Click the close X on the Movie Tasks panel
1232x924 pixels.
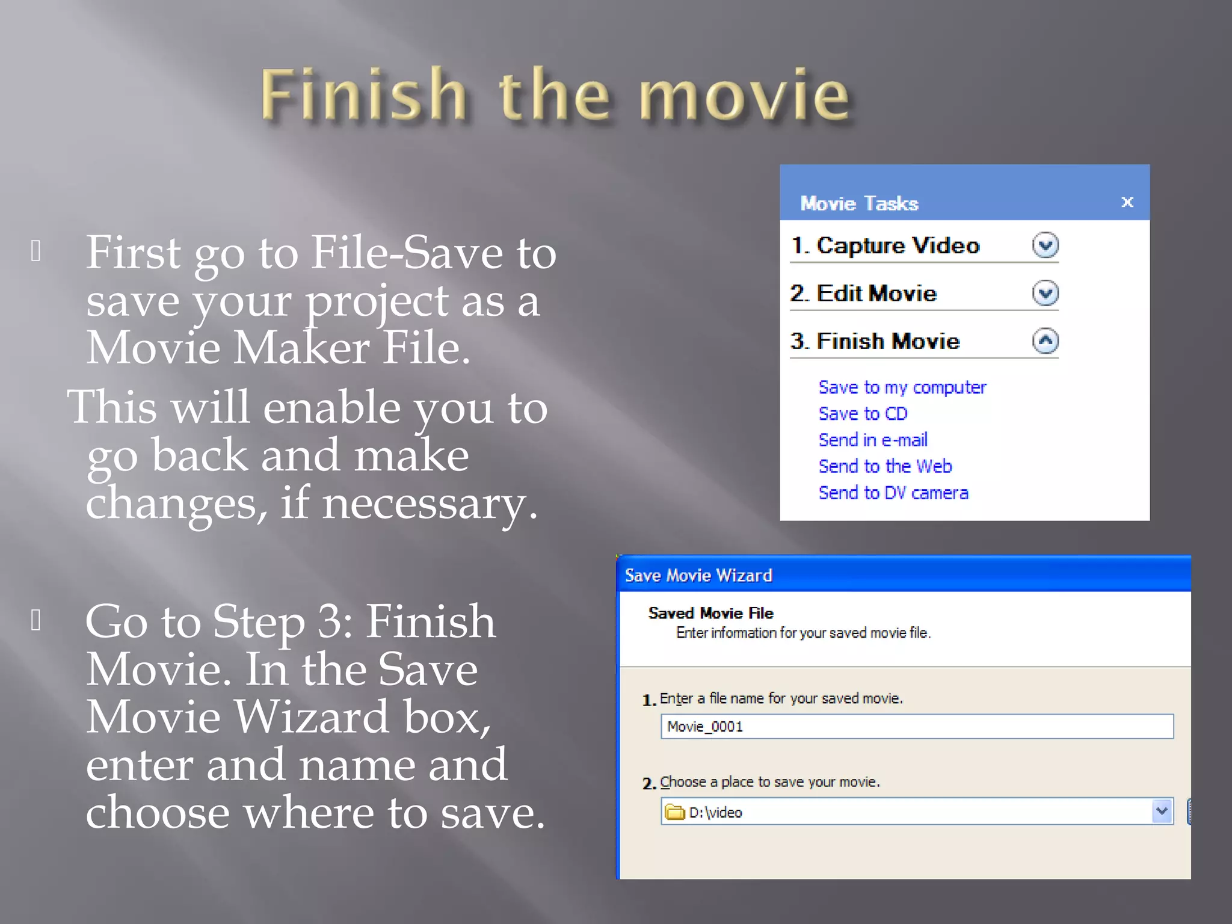tap(1127, 202)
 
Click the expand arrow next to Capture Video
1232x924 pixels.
tap(1045, 245)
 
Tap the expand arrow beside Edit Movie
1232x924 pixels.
tap(1045, 294)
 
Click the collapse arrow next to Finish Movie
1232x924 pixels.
tap(1045, 341)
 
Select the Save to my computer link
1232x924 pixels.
tap(902, 387)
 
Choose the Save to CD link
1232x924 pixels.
tap(863, 414)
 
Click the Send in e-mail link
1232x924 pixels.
tap(872, 440)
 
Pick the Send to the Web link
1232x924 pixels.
tap(885, 467)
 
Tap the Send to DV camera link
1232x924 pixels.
tap(893, 493)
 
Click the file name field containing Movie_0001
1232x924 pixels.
tap(916, 727)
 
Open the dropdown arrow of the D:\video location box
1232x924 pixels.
tap(1162, 812)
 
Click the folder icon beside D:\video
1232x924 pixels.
tap(675, 812)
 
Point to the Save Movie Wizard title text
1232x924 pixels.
tap(698, 576)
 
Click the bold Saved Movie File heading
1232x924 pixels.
tap(710, 613)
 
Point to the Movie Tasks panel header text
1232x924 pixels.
tap(859, 204)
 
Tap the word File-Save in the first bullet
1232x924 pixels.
tap(407, 253)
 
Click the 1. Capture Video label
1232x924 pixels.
tap(885, 245)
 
